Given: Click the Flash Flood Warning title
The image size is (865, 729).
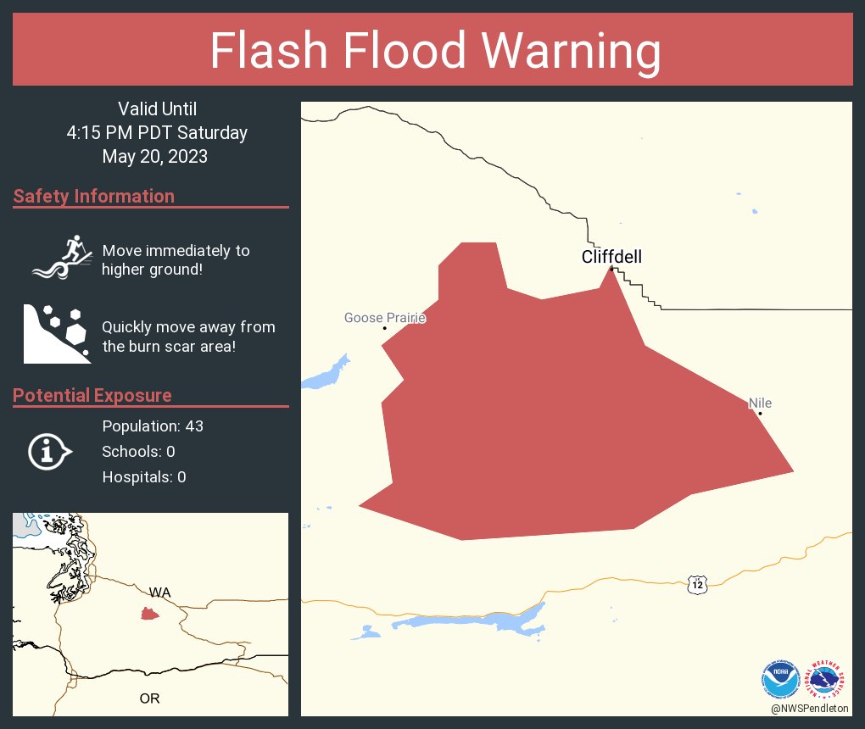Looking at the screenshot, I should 435,51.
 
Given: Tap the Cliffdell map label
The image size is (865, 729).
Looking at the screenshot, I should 611,257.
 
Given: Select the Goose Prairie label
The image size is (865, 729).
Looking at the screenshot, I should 384,319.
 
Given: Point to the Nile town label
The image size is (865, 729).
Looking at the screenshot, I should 760,404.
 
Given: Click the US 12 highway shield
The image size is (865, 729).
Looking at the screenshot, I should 697,584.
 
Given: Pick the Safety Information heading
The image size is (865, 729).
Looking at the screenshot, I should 94,197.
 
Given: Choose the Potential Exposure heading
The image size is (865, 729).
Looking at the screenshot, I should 92,395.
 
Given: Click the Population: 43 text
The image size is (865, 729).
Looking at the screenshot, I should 153,426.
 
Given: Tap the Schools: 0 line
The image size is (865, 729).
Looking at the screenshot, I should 138,451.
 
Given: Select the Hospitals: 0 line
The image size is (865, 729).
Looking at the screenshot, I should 144,476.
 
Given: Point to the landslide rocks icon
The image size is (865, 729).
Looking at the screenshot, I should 56,332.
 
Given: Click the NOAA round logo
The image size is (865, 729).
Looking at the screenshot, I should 781,678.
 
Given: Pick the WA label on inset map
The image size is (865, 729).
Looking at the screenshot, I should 159,592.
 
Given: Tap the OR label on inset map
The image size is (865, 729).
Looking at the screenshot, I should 149,698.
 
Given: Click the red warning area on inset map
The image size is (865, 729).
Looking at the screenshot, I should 150,614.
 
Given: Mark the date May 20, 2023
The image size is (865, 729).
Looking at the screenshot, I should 155,156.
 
